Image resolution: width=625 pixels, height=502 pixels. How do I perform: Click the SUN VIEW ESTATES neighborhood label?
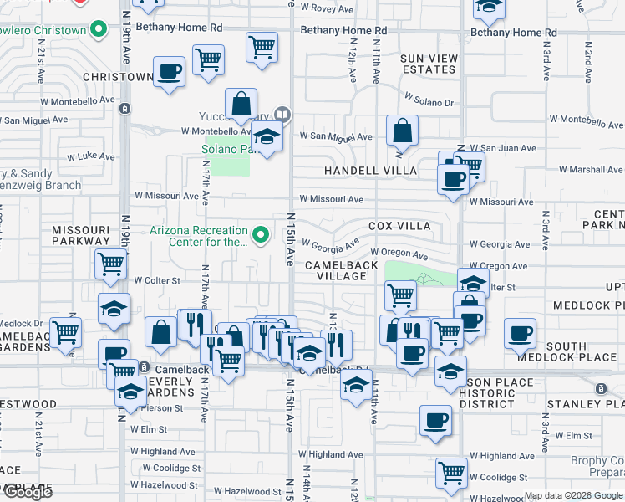(429, 64)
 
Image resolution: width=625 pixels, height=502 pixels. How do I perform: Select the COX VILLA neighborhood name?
(399, 226)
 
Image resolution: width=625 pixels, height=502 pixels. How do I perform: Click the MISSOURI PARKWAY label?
(80, 235)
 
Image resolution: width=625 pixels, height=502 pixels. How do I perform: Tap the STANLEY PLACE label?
(585, 404)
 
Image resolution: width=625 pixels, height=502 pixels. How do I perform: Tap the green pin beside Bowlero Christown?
(99, 31)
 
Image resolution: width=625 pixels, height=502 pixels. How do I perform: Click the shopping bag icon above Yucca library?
(241, 105)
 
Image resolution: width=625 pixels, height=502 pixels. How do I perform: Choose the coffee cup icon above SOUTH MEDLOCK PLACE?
(520, 332)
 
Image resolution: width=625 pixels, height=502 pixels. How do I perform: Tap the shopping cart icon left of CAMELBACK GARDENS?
(65, 332)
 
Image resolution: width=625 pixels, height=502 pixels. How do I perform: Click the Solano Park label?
(226, 150)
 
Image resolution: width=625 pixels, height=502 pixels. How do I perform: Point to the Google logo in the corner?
(28, 493)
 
